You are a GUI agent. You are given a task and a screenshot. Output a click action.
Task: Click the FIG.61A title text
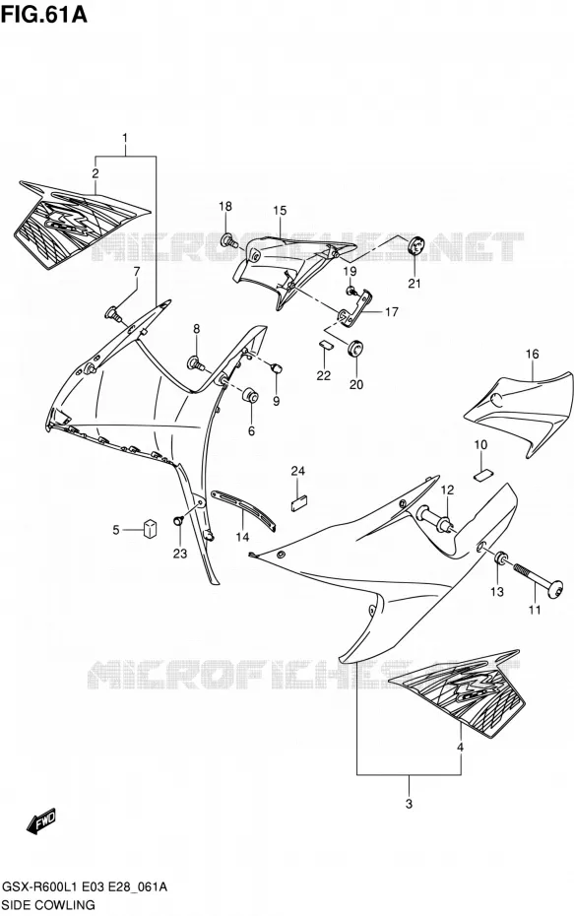(x=43, y=14)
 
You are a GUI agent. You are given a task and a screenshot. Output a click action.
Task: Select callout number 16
(x=532, y=354)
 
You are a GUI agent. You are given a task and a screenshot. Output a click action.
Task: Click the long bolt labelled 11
(x=538, y=578)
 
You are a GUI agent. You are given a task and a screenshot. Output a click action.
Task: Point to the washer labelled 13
(x=501, y=558)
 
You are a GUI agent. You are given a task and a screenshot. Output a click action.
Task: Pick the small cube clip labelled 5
(x=150, y=528)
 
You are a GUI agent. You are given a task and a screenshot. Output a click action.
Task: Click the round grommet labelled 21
(x=415, y=246)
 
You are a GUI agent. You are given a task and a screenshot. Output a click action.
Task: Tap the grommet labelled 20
(x=353, y=348)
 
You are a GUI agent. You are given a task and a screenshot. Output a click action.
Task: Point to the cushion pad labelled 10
(x=484, y=475)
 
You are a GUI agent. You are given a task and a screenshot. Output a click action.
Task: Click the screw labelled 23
(x=178, y=519)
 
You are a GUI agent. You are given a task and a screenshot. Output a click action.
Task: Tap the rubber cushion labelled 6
(x=250, y=394)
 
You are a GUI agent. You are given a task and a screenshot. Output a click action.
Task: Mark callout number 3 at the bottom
(x=409, y=804)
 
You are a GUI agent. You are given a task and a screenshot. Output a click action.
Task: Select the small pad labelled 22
(x=325, y=344)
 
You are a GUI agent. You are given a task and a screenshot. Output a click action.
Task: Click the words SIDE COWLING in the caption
(x=48, y=905)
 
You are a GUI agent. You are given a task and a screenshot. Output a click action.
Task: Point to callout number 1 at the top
(x=125, y=139)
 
